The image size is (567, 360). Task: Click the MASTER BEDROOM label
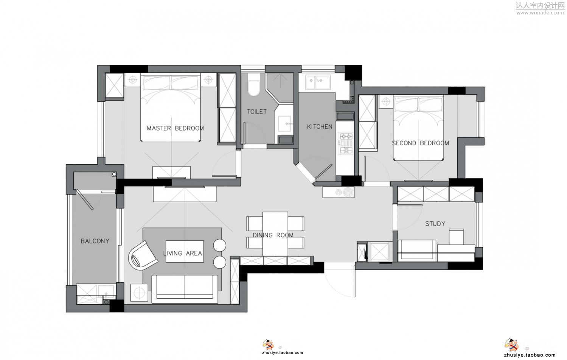tap(176, 128)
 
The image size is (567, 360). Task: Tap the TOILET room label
tap(257, 111)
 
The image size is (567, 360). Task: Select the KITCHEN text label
tap(320, 127)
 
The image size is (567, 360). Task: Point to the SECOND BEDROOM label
tap(421, 143)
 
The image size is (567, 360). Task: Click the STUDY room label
tap(435, 224)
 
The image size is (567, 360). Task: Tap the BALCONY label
tap(95, 241)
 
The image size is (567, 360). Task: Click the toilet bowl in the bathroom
tap(254, 85)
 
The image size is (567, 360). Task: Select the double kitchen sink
tap(318, 82)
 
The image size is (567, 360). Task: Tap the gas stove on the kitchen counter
tap(346, 143)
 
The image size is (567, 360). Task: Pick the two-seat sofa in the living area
tap(185, 289)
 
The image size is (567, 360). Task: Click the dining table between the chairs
tap(275, 234)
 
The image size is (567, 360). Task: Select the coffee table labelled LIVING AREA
tap(185, 251)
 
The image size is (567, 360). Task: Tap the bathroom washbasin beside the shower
tap(285, 124)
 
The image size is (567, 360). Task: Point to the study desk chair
tap(456, 237)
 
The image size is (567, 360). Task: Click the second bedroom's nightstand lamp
tap(386, 102)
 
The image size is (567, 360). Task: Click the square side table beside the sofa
tap(139, 293)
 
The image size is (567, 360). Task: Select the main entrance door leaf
tap(354, 281)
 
